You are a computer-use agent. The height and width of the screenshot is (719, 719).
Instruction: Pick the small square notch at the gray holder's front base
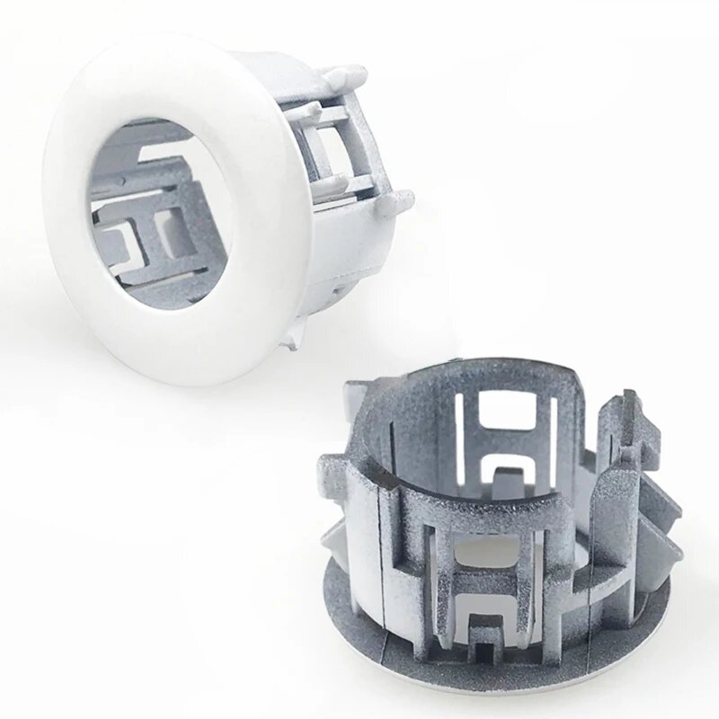(x=485, y=652)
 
